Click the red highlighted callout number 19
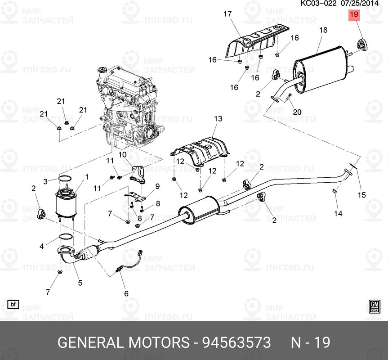coord(354,15)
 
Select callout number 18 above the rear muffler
coord(323,31)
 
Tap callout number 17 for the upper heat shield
coord(227,14)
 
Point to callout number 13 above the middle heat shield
coord(218,119)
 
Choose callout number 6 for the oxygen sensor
coord(126,293)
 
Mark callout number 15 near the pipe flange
coord(361,195)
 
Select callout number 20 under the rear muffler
coord(297,112)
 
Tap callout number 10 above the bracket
coord(122,155)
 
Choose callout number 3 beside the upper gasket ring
coord(45,181)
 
